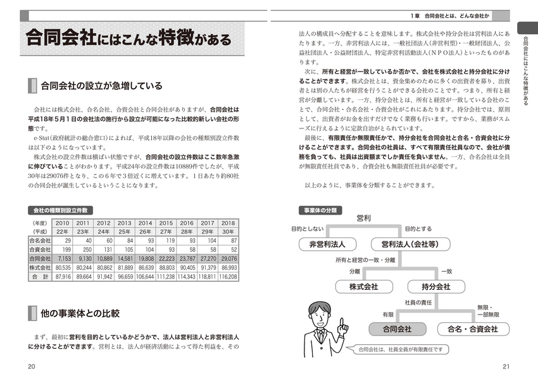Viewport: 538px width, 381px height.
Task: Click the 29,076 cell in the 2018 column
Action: click(228, 259)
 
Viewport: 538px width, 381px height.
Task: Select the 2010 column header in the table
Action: click(63, 223)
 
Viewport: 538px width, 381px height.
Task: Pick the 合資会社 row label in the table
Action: click(40, 250)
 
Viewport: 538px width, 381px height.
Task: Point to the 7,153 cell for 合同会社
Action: click(63, 259)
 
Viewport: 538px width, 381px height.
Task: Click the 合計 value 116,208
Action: click(228, 277)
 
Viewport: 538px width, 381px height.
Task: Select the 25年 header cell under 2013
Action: click(125, 232)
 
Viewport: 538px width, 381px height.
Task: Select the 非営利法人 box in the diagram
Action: click(327, 243)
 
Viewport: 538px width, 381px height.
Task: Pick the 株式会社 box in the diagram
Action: click(363, 286)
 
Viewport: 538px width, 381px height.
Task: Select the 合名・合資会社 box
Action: click(472, 329)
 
